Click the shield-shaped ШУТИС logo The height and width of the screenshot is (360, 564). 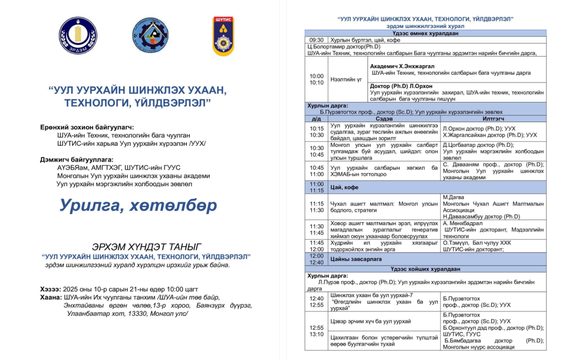(x=223, y=36)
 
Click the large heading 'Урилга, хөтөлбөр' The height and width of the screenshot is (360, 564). (x=138, y=205)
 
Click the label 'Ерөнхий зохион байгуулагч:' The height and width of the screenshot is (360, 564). (x=87, y=127)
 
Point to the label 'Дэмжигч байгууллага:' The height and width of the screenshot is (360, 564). (x=77, y=159)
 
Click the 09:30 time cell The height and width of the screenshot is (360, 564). (x=316, y=40)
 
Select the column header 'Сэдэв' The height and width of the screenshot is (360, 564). (x=384, y=118)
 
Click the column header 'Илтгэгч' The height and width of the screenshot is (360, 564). (x=493, y=118)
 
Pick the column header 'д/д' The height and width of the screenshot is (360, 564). (x=316, y=118)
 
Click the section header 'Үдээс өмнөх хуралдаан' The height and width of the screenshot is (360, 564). (x=425, y=33)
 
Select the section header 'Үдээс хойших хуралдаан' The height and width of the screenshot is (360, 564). (x=425, y=269)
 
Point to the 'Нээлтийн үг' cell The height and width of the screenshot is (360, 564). (x=346, y=79)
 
